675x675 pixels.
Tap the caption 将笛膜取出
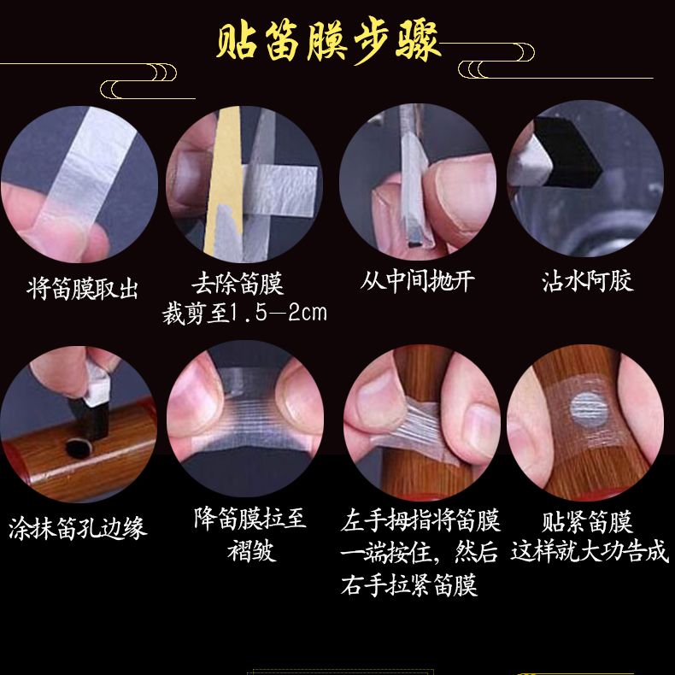coord(82,289)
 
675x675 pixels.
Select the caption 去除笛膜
coord(238,284)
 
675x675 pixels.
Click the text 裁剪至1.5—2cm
coord(244,313)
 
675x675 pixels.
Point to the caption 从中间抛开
coord(418,281)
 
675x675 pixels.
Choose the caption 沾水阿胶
coord(588,281)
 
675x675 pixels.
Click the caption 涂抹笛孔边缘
coord(78,528)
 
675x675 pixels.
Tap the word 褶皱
coord(251,550)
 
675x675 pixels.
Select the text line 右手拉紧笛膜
coord(409,584)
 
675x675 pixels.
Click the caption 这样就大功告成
coord(590,551)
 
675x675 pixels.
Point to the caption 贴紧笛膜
coord(587,522)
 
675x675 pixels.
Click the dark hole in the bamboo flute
coord(79,448)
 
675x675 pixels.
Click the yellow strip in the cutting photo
coord(223,181)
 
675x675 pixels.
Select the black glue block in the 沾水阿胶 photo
coord(567,151)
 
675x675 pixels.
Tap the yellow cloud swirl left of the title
coord(138,81)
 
